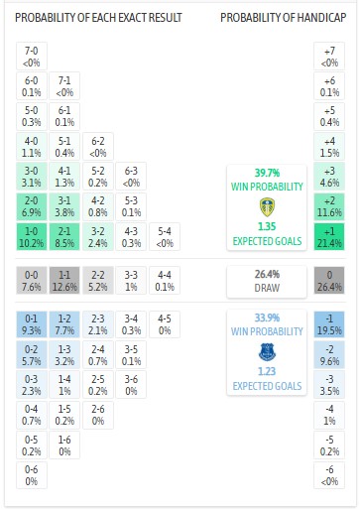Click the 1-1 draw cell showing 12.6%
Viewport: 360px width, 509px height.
64,281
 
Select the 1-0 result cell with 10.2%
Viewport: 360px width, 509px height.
32,236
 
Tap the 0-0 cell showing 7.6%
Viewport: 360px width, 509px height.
32,281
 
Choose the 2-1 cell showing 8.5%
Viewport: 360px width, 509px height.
64,236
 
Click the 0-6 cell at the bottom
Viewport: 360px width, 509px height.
32,474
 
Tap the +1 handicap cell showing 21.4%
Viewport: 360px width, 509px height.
329,236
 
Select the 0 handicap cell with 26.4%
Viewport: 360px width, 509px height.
329,281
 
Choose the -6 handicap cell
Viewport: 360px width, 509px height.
329,474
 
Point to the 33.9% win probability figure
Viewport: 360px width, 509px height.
265,318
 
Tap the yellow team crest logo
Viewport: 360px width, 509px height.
265,207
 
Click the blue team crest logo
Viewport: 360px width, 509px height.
265,352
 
